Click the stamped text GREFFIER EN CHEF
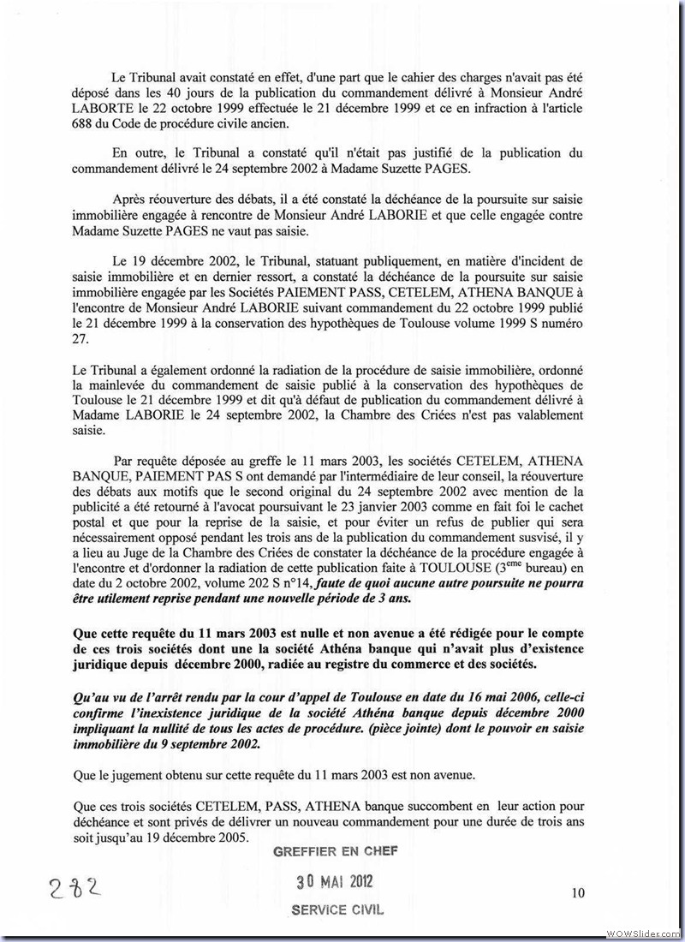(x=335, y=851)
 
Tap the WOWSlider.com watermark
(x=644, y=932)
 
